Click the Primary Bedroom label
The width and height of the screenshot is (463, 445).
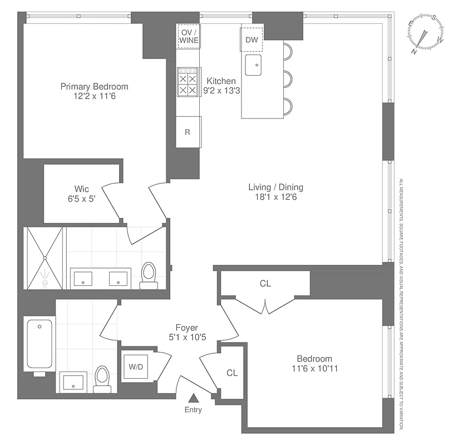(x=94, y=87)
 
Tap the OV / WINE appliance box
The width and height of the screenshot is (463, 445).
(x=188, y=37)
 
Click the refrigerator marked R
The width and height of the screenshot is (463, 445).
(x=188, y=132)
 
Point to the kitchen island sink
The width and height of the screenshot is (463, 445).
(x=254, y=65)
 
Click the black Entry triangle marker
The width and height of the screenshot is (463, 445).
(x=194, y=398)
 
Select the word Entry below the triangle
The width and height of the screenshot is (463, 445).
(x=194, y=410)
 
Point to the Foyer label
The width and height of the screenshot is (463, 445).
(x=186, y=328)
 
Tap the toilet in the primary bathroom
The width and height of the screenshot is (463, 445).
(x=149, y=274)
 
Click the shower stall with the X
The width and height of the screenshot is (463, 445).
(x=45, y=258)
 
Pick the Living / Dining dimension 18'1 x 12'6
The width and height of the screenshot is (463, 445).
(x=275, y=196)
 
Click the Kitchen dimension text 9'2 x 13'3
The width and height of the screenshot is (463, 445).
(x=221, y=91)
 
